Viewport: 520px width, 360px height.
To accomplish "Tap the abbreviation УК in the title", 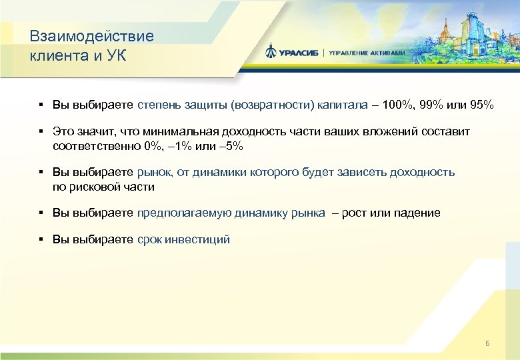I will point(115,55).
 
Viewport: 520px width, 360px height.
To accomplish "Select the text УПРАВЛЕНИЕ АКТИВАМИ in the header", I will point(367,53).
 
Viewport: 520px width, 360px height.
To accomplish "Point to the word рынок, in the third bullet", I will point(155,172).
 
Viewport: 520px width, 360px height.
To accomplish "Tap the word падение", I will point(417,213).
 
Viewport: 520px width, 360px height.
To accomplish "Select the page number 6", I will point(487,343).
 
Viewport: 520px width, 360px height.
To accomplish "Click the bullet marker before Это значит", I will point(41,132).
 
